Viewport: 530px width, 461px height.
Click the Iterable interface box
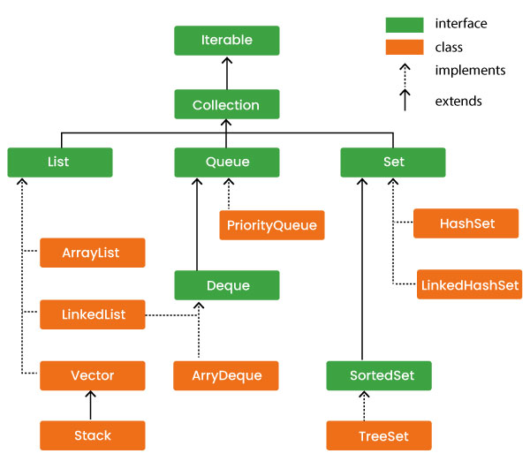tap(227, 41)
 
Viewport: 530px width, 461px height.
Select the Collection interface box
tap(227, 105)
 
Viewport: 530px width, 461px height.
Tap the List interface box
tap(60, 162)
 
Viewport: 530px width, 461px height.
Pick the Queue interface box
tap(227, 162)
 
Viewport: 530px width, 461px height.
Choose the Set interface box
tap(393, 162)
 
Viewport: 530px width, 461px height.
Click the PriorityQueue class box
tap(272, 224)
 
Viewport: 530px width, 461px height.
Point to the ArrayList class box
tap(92, 253)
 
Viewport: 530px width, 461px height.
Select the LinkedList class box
tap(92, 314)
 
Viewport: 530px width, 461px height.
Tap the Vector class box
tap(92, 375)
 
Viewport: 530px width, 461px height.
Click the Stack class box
tap(92, 435)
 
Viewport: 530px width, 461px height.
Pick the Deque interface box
tap(227, 286)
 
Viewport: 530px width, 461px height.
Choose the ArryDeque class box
tap(226, 375)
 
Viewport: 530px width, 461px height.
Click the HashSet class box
tap(466, 224)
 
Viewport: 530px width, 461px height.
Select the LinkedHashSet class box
tap(469, 285)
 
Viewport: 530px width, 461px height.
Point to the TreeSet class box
tap(379, 435)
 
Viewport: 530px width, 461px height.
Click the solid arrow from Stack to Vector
tap(92, 405)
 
